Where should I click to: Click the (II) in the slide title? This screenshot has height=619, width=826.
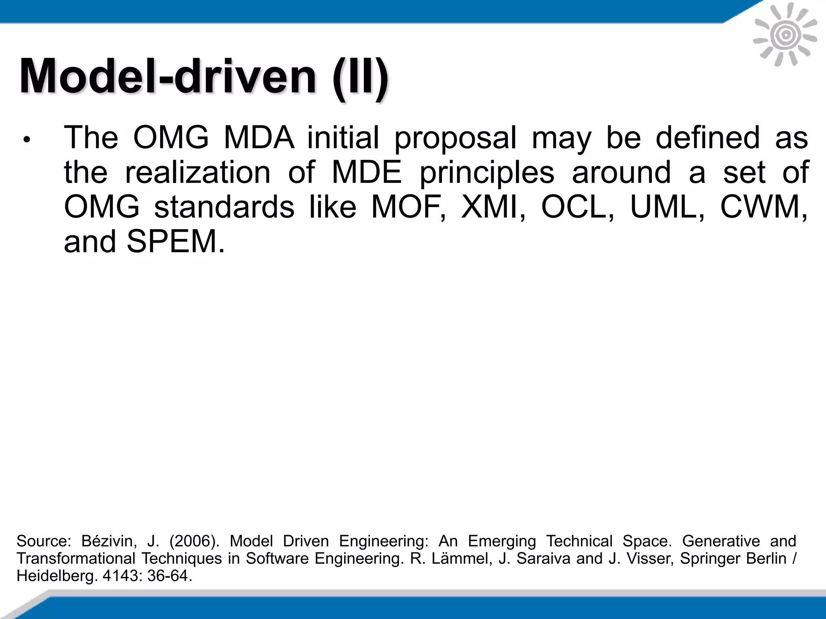360,77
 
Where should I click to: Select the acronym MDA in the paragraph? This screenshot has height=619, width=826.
259,138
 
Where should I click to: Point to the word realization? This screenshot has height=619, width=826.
198,172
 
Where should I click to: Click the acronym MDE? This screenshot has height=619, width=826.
367,172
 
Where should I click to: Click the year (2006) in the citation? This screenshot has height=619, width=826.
194,541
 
